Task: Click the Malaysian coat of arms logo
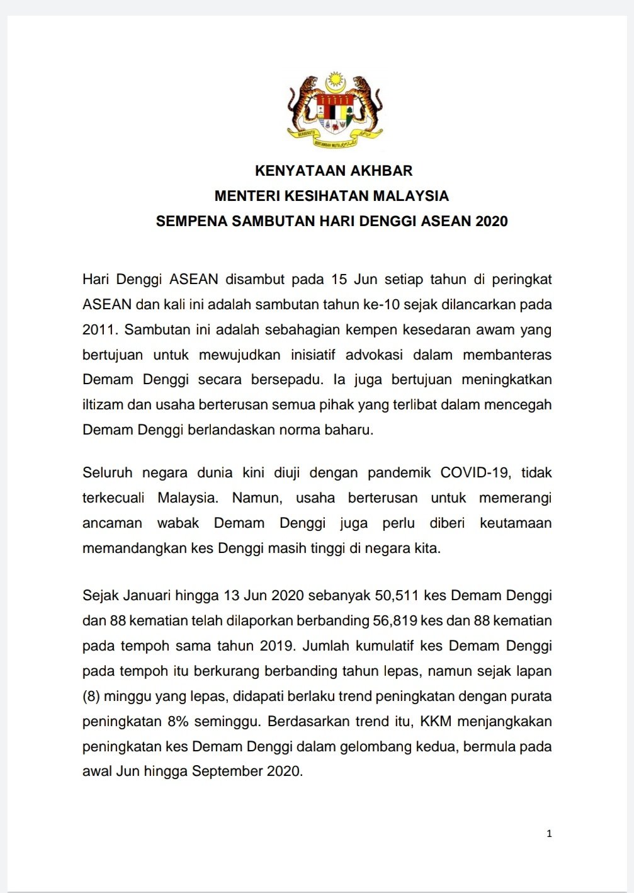[x=334, y=110]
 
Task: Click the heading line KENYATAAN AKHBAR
[x=334, y=171]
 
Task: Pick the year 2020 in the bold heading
[x=492, y=221]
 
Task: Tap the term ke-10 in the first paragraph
[x=382, y=304]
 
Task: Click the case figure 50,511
[x=397, y=595]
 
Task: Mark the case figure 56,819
[x=395, y=620]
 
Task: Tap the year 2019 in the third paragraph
[x=275, y=646]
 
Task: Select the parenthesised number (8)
[x=91, y=696]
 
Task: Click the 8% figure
[x=179, y=721]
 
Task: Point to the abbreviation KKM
[x=436, y=721]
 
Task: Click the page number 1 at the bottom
[x=549, y=833]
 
